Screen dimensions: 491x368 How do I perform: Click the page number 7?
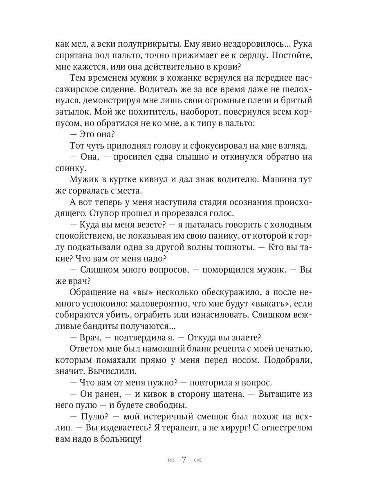(x=184, y=459)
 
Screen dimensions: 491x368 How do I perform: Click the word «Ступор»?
(x=90, y=213)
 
